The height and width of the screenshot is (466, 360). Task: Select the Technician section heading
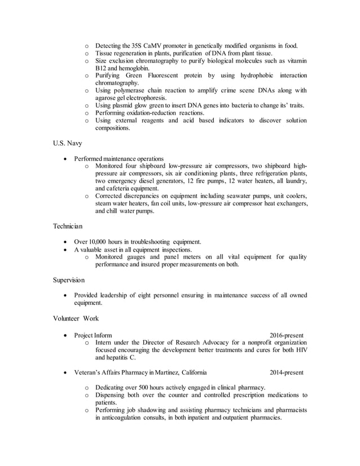pos(68,226)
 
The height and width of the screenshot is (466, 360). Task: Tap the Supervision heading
pos(69,279)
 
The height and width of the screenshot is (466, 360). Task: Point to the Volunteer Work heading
pos(76,318)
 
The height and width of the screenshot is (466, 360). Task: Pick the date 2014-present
pos(286,372)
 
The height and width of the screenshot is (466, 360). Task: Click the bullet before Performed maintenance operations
pos(68,159)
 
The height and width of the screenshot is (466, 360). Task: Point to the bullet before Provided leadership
pos(68,295)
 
